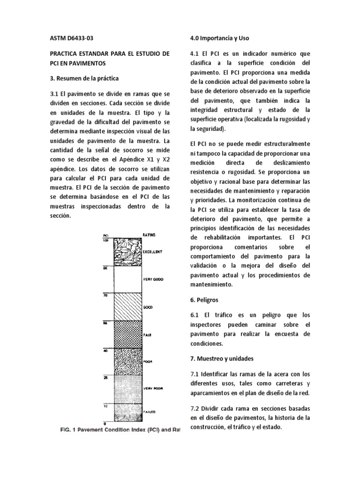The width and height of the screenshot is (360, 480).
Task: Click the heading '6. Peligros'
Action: pos(204,299)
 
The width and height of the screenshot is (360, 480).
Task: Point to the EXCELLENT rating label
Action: pos(152,252)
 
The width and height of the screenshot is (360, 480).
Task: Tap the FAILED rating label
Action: pos(149,411)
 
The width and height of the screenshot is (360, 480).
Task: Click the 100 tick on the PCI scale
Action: pos(105,240)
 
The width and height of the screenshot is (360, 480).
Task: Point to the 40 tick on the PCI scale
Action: pos(106,350)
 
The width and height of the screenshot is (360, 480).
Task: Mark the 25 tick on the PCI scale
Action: pos(106,377)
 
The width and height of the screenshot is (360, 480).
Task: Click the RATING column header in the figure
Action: pos(150,234)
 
